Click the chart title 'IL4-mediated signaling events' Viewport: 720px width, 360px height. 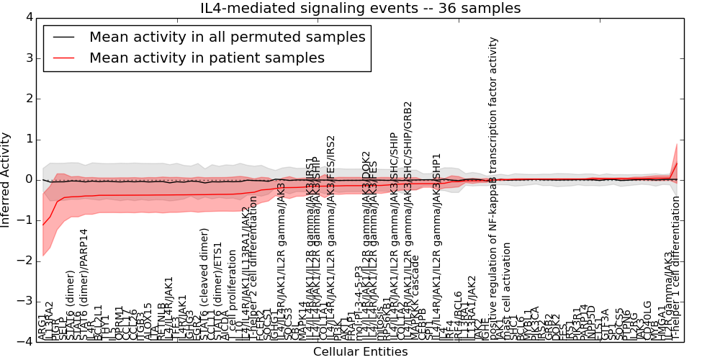[x=360, y=9]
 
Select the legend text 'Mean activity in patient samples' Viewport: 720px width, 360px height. [x=207, y=58]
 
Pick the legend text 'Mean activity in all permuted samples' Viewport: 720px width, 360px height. [x=227, y=37]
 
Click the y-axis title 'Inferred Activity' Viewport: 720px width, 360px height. [x=6, y=179]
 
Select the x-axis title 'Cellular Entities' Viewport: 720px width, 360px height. [x=360, y=352]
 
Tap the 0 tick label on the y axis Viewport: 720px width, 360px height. [x=29, y=179]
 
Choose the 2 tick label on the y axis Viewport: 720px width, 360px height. [x=29, y=98]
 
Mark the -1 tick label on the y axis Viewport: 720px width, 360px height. [x=26, y=220]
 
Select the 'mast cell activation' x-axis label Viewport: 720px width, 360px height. [x=507, y=291]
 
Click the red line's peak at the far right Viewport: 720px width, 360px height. [x=677, y=163]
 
